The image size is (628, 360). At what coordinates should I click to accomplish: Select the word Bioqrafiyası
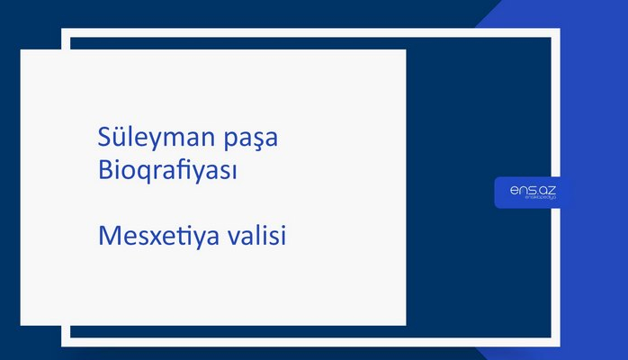point(167,170)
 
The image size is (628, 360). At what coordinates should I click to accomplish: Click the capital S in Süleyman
point(103,139)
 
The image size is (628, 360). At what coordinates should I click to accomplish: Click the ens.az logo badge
point(532,193)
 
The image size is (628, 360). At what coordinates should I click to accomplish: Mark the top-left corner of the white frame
point(65,32)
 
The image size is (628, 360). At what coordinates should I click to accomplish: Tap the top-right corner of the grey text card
point(405,50)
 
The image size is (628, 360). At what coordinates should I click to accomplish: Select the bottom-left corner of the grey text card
point(22,324)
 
